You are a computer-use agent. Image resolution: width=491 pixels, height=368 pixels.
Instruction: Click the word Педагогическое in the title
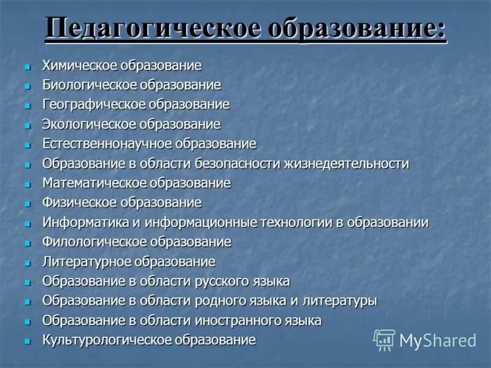click(x=147, y=29)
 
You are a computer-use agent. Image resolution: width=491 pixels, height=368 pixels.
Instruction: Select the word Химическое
click(x=80, y=66)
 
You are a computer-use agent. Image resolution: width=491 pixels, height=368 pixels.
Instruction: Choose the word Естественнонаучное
click(x=107, y=144)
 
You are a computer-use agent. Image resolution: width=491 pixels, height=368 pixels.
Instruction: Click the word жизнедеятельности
click(x=347, y=164)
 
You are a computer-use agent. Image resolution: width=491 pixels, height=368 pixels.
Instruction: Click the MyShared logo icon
click(x=384, y=339)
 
